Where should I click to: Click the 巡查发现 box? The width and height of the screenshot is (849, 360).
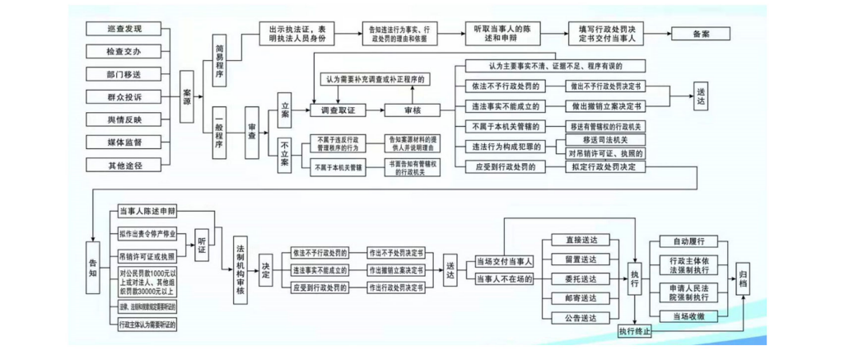(x=124, y=29)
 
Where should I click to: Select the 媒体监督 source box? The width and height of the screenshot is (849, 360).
(x=124, y=143)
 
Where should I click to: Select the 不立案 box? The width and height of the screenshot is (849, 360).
(x=284, y=153)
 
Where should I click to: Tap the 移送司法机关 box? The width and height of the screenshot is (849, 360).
(x=605, y=140)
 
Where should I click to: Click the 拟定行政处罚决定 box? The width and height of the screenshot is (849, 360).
(x=605, y=166)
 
